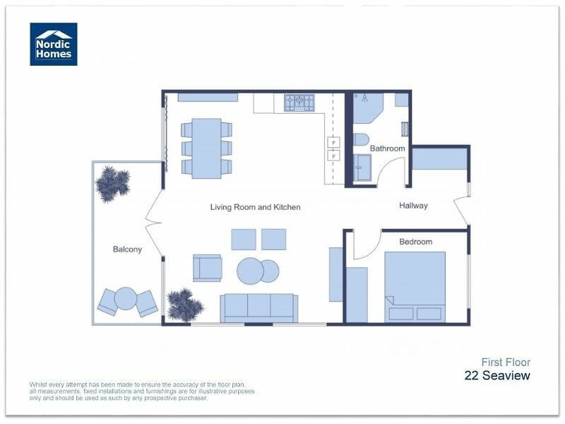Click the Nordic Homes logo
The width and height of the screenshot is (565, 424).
(54, 44)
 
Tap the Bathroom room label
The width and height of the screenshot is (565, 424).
(388, 148)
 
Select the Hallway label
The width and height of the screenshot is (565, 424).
(413, 206)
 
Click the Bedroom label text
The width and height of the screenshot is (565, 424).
(415, 242)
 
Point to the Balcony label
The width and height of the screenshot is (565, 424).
(127, 249)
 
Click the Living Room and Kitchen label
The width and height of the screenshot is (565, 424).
(255, 207)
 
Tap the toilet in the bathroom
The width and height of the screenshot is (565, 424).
(361, 139)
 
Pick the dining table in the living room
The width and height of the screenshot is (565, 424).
(206, 148)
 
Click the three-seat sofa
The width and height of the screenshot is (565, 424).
(258, 307)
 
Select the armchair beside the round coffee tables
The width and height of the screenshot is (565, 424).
(207, 268)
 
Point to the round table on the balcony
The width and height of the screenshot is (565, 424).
(126, 299)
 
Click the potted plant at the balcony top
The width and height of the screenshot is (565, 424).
(112, 183)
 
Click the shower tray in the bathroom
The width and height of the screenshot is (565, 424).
(363, 168)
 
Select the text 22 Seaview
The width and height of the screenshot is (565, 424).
(496, 375)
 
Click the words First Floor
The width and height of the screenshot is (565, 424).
(506, 362)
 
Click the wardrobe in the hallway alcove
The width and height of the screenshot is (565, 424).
(439, 158)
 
